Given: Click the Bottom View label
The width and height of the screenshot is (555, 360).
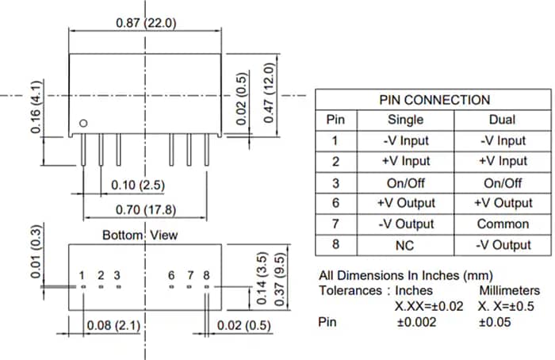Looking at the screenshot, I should (x=140, y=235).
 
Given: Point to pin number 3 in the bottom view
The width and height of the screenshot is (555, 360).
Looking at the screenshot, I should (x=117, y=275).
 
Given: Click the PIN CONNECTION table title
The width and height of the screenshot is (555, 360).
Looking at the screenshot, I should (x=434, y=100).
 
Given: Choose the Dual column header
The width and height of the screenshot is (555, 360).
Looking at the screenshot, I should (x=503, y=120).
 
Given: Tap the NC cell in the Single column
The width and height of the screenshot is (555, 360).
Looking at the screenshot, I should (x=405, y=245).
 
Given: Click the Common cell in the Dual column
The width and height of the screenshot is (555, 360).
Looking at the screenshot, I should (x=503, y=224).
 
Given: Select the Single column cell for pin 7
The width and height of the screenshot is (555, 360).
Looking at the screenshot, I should (x=405, y=224).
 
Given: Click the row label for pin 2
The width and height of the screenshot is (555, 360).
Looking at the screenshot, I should (x=335, y=162).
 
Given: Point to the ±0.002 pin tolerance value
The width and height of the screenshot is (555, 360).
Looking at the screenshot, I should (x=417, y=323).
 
